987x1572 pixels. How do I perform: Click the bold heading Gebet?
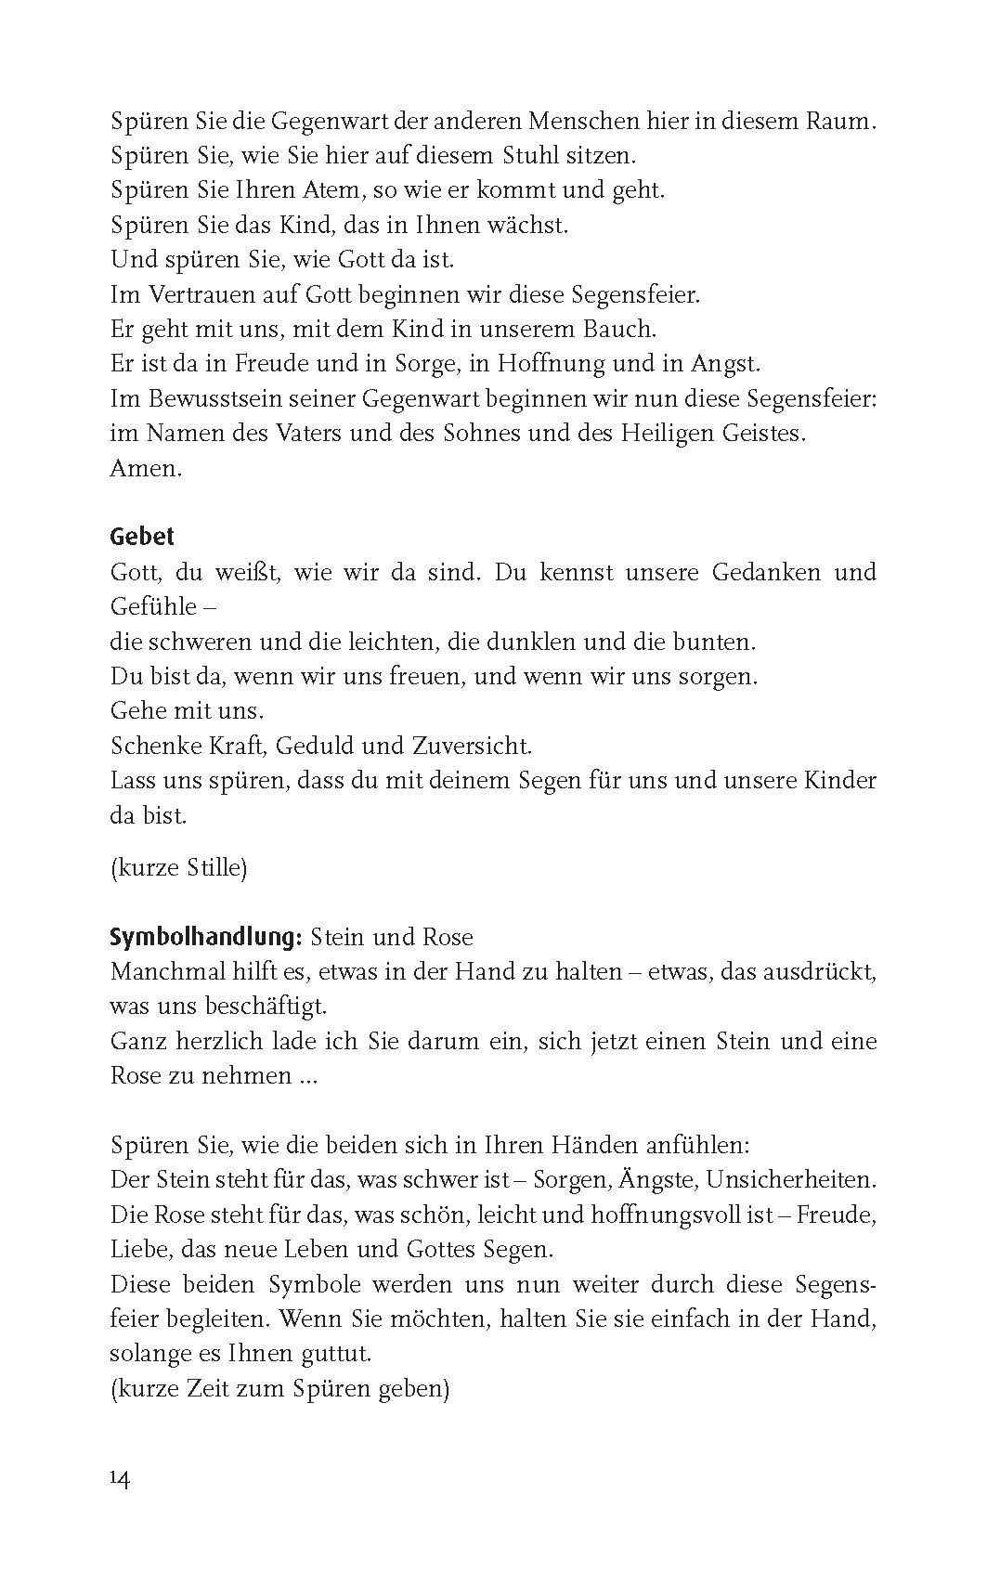pos(142,537)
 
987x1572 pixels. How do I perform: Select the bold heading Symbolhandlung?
pos(205,937)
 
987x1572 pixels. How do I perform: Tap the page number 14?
pos(120,1478)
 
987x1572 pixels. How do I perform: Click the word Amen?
pos(146,468)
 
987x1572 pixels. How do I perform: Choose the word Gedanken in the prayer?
pos(765,572)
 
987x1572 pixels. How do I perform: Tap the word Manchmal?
pos(167,972)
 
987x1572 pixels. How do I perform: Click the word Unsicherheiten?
pos(791,1180)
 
